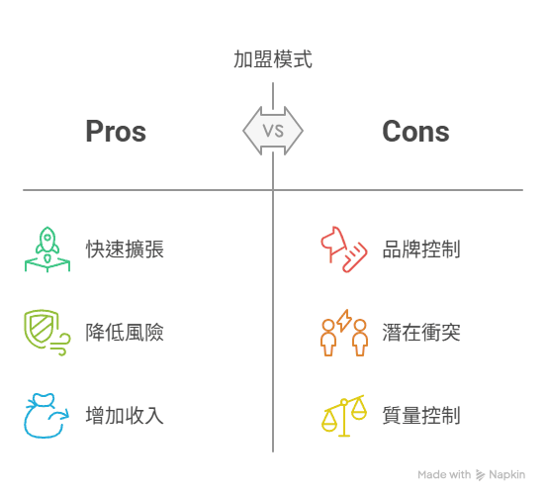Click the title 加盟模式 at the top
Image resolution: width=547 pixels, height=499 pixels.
[x=273, y=59]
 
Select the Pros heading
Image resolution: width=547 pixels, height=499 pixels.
[x=116, y=132]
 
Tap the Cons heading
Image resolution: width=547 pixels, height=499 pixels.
[x=415, y=132]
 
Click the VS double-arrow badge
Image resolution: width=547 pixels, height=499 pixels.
[x=273, y=131]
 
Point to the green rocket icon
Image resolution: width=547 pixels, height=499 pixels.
[x=47, y=249]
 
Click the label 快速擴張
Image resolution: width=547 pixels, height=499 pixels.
[x=125, y=249]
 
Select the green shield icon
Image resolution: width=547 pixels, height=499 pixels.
[x=47, y=332]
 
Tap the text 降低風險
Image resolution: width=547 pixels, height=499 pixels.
[x=125, y=332]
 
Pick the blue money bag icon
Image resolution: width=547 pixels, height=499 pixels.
[x=46, y=416]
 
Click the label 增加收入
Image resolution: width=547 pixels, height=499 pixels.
[x=125, y=416]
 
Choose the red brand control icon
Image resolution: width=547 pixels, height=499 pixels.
[x=344, y=249]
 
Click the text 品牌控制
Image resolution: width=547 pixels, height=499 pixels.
[x=421, y=249]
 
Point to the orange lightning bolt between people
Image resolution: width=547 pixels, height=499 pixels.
[x=344, y=320]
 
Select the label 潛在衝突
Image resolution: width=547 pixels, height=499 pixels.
[x=421, y=332]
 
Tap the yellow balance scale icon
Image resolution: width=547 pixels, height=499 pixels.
[x=344, y=416]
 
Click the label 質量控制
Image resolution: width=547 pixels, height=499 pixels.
[x=421, y=416]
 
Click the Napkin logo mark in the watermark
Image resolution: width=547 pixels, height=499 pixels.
[x=480, y=475]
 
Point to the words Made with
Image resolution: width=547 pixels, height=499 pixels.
[x=444, y=474]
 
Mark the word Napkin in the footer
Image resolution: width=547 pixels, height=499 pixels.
[x=506, y=475]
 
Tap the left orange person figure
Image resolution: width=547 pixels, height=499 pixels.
[x=328, y=338]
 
